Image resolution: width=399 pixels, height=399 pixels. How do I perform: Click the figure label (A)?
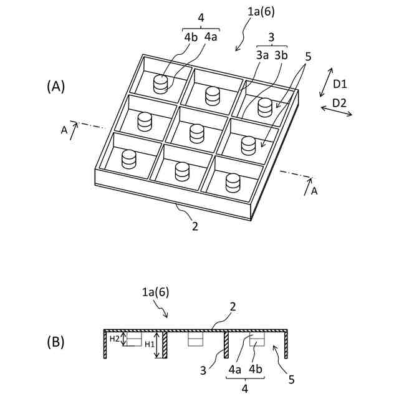click(x=55, y=87)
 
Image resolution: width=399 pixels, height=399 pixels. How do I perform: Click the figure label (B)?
click(x=55, y=342)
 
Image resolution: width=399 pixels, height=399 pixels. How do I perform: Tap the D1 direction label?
click(x=340, y=84)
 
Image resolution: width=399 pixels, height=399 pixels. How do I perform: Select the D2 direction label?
click(x=340, y=102)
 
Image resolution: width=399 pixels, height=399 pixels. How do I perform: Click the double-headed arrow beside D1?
click(x=325, y=84)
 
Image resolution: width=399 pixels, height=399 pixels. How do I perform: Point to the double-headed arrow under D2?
click(x=337, y=112)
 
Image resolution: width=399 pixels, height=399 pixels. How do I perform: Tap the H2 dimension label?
click(x=114, y=339)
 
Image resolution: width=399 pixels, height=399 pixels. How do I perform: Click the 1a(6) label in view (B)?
click(x=156, y=292)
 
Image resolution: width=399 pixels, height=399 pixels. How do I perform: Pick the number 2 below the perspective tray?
click(x=195, y=226)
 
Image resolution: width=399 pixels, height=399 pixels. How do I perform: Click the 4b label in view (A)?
click(x=191, y=37)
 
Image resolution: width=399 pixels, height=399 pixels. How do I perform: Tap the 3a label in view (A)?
click(x=262, y=55)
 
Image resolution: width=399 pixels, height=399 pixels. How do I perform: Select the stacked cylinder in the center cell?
click(x=197, y=133)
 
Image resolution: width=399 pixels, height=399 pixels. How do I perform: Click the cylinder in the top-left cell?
click(x=161, y=84)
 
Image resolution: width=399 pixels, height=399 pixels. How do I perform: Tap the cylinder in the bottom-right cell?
click(x=233, y=183)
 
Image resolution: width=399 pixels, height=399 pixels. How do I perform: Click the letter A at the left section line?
click(x=64, y=130)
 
